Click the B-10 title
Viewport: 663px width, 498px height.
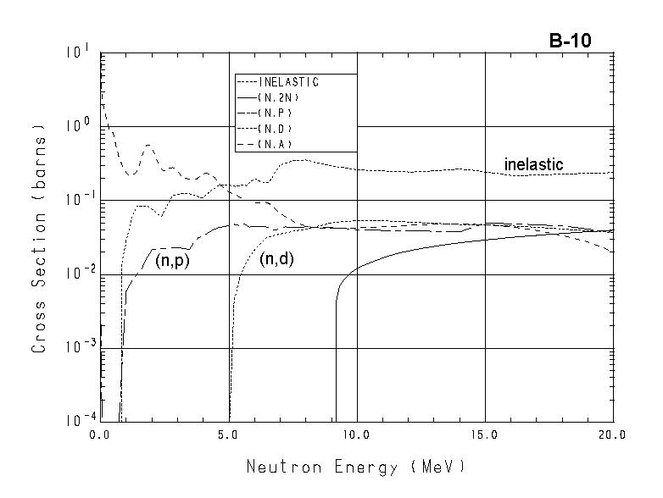click(x=569, y=41)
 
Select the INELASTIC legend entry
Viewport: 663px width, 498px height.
click(x=288, y=82)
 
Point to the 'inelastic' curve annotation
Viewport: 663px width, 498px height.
click(x=533, y=164)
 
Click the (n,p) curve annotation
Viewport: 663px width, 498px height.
click(x=172, y=261)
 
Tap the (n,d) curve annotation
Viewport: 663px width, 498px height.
click(x=276, y=261)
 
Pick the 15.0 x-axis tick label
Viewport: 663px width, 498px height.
click(x=485, y=435)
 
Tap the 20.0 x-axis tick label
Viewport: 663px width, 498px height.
click(x=612, y=435)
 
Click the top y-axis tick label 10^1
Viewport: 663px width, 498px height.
click(x=79, y=53)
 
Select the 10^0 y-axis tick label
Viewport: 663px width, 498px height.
click(x=79, y=126)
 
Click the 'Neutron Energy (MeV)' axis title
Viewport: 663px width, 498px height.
click(x=355, y=467)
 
